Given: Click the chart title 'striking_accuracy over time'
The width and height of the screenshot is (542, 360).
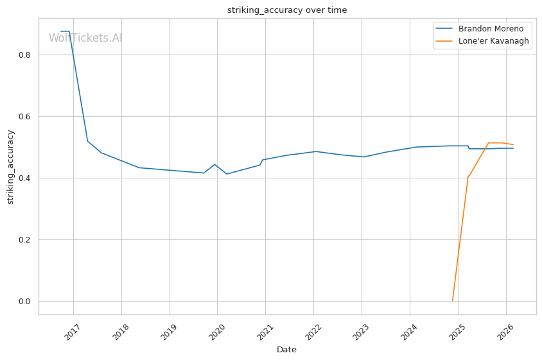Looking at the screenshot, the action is tap(287, 10).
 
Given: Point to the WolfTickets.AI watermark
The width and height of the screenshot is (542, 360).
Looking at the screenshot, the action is tap(85, 38).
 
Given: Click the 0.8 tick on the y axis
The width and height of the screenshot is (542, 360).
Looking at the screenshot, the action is tap(24, 55).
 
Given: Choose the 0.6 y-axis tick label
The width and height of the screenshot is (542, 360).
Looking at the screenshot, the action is tap(24, 116).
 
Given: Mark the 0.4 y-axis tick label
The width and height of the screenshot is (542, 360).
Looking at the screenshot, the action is tap(24, 178).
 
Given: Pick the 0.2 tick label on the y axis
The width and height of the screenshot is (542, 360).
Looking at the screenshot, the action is tap(24, 240).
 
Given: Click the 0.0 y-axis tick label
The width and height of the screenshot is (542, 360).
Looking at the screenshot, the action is tap(24, 301).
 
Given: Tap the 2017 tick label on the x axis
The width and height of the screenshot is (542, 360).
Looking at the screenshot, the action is tap(72, 332).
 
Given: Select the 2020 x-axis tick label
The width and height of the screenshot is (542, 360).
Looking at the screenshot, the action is tap(216, 332).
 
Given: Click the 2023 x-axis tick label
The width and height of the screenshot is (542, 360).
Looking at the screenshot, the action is tap(360, 332).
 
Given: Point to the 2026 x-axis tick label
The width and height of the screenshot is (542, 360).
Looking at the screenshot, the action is tap(505, 332).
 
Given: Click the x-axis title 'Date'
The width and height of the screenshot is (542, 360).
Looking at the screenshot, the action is tap(286, 350).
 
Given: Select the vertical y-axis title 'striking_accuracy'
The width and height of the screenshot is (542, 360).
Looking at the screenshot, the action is tap(10, 167).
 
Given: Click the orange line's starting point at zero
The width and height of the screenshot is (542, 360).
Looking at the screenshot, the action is tap(453, 301).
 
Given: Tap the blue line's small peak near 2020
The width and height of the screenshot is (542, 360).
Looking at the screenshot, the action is tap(215, 164).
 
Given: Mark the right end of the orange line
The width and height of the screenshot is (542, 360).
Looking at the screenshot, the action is tap(513, 144).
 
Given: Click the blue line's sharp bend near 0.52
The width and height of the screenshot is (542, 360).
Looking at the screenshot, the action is tap(87, 141).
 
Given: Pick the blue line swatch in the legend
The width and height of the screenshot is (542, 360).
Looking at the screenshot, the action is tap(444, 29).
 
